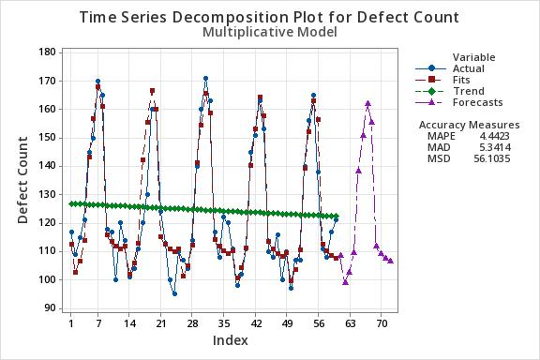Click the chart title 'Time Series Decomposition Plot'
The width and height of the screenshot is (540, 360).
click(x=269, y=17)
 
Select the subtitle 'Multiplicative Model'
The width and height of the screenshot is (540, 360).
click(x=269, y=32)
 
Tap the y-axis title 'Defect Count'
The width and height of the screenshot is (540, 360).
click(x=22, y=178)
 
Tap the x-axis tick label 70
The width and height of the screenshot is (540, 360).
click(x=382, y=323)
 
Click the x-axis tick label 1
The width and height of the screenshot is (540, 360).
click(x=71, y=323)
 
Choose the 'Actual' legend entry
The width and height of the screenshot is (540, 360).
click(x=469, y=68)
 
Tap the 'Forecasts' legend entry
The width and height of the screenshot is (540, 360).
click(x=477, y=102)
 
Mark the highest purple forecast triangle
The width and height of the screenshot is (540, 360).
click(x=367, y=104)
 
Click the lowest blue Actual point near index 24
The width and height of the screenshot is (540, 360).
click(x=174, y=293)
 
